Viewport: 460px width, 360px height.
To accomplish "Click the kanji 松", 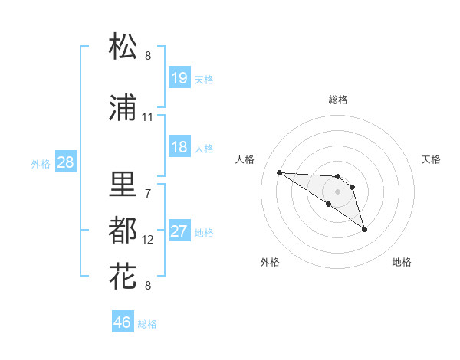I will click(123, 47).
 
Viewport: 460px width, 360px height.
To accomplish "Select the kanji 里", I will click(123, 184).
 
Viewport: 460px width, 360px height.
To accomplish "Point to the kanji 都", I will click(123, 230).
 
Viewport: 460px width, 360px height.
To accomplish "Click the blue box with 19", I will click(179, 78).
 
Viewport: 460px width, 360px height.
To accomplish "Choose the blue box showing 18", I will click(179, 147).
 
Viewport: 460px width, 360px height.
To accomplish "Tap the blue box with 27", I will click(179, 232).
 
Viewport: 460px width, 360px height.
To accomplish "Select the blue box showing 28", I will click(66, 162).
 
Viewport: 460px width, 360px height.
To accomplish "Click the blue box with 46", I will click(123, 322).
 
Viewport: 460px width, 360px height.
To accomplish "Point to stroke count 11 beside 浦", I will click(147, 117).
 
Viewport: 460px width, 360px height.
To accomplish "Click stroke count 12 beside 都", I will click(148, 240).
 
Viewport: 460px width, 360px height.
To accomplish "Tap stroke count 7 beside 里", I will click(147, 193).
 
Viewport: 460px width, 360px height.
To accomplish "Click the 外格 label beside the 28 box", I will click(41, 163).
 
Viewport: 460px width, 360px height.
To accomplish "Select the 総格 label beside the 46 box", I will click(147, 324).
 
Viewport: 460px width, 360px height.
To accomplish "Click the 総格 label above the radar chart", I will click(338, 100).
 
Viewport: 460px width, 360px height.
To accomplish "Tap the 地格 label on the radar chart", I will click(402, 262).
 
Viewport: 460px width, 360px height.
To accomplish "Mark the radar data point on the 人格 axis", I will click(279, 172).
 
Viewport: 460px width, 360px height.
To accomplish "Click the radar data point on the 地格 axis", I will click(364, 229).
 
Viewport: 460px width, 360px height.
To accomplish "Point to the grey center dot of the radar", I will click(338, 191).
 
